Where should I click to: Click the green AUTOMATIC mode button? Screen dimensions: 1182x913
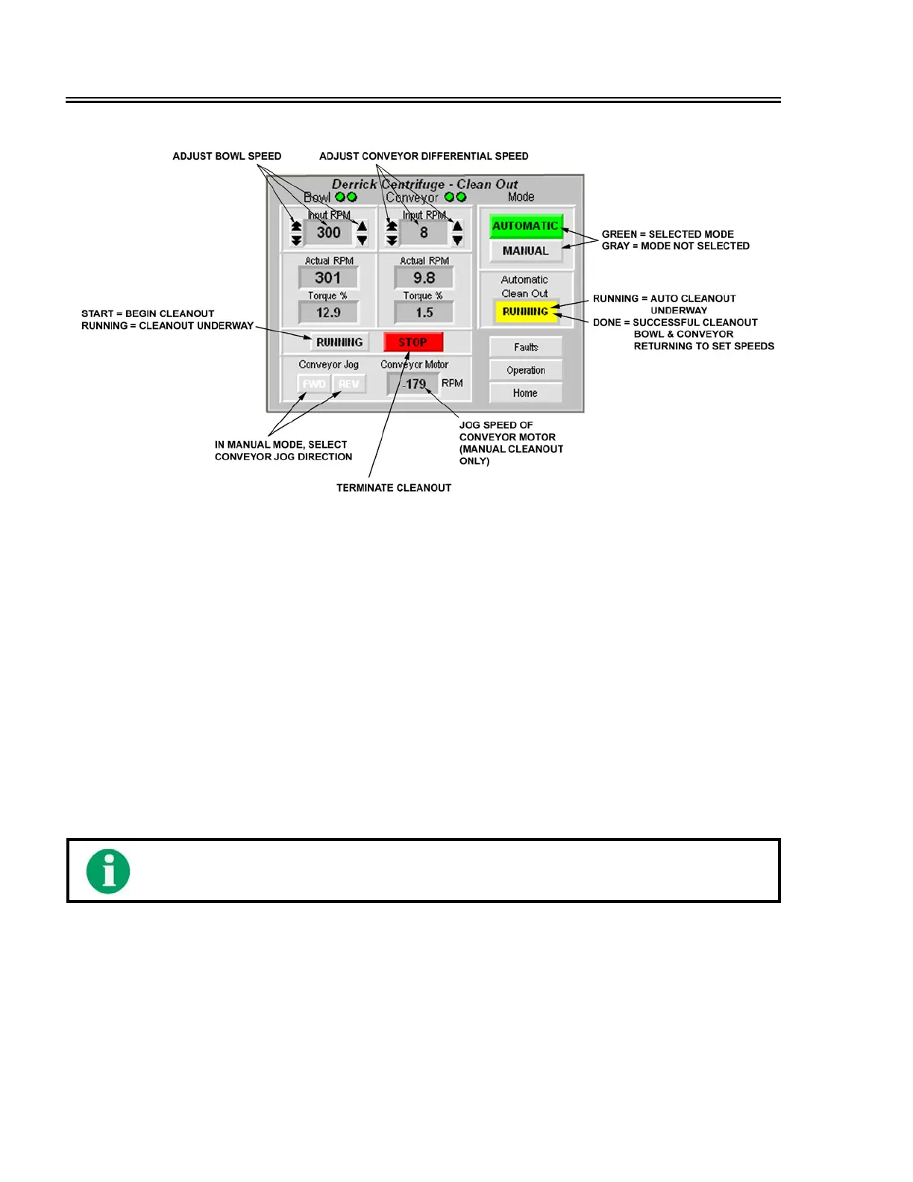[525, 226]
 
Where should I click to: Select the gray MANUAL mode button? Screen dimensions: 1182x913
[525, 251]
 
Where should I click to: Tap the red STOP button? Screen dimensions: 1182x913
[413, 343]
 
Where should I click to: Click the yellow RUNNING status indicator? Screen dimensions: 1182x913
[526, 312]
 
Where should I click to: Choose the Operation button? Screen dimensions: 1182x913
[525, 370]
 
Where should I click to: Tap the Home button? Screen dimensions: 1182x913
[525, 393]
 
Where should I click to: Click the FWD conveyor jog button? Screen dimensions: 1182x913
[314, 384]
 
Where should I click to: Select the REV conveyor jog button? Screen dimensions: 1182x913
[348, 384]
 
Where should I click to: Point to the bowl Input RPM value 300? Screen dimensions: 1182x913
[328, 233]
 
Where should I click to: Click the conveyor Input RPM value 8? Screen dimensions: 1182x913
[424, 233]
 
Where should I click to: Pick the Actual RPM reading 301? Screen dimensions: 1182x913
[328, 278]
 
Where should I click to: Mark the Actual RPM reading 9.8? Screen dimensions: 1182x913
[424, 278]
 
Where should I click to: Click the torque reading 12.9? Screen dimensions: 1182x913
[328, 313]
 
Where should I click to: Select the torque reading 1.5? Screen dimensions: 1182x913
[424, 313]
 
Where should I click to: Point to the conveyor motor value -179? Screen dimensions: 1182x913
[414, 384]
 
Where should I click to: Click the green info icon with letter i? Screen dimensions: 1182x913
[108, 871]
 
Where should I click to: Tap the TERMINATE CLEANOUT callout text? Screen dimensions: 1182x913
[394, 488]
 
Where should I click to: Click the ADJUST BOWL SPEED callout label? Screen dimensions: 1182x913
[227, 157]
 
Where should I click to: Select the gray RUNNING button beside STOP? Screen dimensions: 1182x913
[339, 343]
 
